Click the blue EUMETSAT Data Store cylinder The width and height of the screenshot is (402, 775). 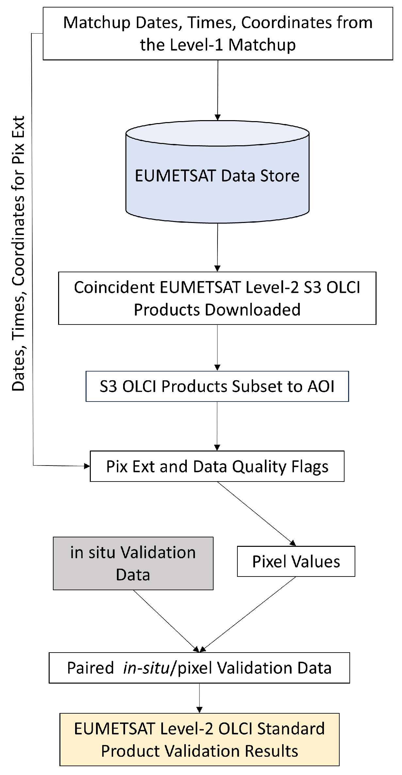coord(217,176)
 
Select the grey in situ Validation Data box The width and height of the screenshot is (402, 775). coord(133,563)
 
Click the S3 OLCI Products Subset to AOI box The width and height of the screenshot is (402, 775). coord(217,386)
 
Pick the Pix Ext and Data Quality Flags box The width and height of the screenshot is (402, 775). coord(217,466)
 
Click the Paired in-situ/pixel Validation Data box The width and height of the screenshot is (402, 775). coord(199,668)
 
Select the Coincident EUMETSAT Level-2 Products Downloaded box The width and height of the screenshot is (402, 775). coord(217,298)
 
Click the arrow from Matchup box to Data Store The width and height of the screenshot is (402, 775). coord(217,88)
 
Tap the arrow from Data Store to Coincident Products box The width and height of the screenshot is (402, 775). coord(217,246)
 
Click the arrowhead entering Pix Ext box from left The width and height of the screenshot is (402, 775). coord(87,466)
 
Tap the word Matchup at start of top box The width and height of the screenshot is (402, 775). coord(96,23)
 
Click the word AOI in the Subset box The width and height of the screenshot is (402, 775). coord(321,386)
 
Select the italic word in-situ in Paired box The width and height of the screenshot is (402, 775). coord(146,668)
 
